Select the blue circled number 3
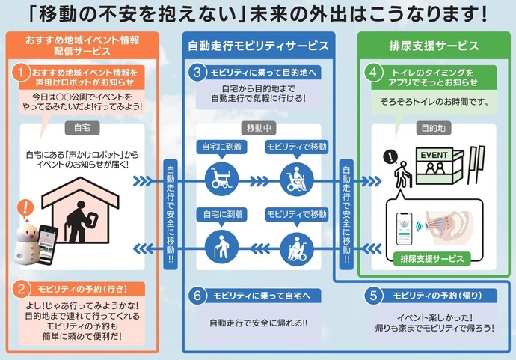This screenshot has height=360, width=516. coord(197,73)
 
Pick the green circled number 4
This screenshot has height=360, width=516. coord(373,73)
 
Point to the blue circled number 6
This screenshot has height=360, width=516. coord(197,295)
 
